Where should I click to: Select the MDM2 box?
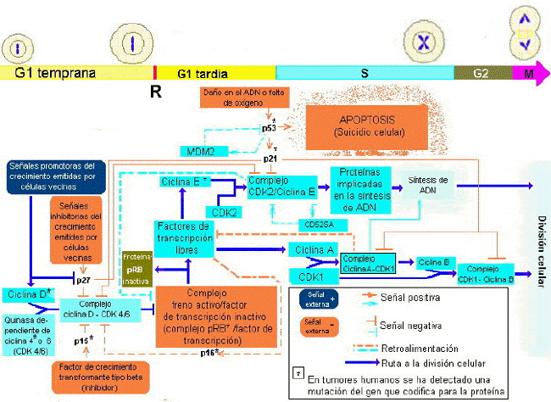201,152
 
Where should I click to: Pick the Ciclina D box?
28,294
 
